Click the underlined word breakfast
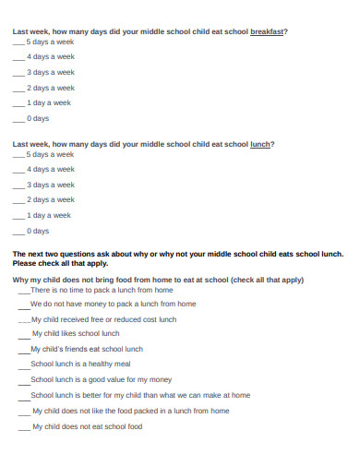click(x=267, y=31)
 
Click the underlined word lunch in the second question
click(x=261, y=144)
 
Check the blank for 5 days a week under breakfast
click(x=18, y=42)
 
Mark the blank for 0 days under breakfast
click(x=18, y=119)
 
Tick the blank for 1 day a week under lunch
click(x=18, y=215)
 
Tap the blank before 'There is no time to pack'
click(x=23, y=291)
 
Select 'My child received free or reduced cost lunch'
click(x=102, y=319)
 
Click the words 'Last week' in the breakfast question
click(x=32, y=31)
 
